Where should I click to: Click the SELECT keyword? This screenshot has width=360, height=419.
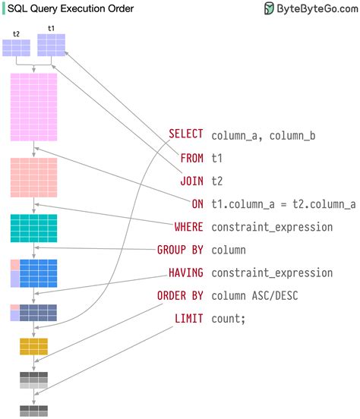pyautogui.click(x=186, y=135)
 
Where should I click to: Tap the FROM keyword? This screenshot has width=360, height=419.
pyautogui.click(x=191, y=158)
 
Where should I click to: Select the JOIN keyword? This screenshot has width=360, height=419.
pyautogui.click(x=191, y=181)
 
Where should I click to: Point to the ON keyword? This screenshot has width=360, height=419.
pyautogui.click(x=197, y=203)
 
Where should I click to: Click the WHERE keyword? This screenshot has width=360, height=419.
pyautogui.click(x=188, y=226)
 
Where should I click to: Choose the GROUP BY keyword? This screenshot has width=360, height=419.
pyautogui.click(x=180, y=249)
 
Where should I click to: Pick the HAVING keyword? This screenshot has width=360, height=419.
pyautogui.click(x=186, y=272)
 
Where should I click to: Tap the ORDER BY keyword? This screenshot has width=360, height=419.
pyautogui.click(x=180, y=295)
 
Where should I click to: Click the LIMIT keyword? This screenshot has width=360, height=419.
pyautogui.click(x=188, y=318)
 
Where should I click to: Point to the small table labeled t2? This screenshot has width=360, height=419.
pyautogui.click(x=17, y=48)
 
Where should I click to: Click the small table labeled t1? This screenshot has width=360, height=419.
pyautogui.click(x=52, y=46)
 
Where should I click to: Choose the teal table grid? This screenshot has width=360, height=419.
pyautogui.click(x=33, y=228)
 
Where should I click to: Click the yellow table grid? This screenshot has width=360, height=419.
pyautogui.click(x=33, y=347)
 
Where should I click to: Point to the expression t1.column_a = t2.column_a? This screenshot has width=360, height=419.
pyautogui.click(x=283, y=203)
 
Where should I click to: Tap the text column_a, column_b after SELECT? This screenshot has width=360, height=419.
pyautogui.click(x=264, y=135)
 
